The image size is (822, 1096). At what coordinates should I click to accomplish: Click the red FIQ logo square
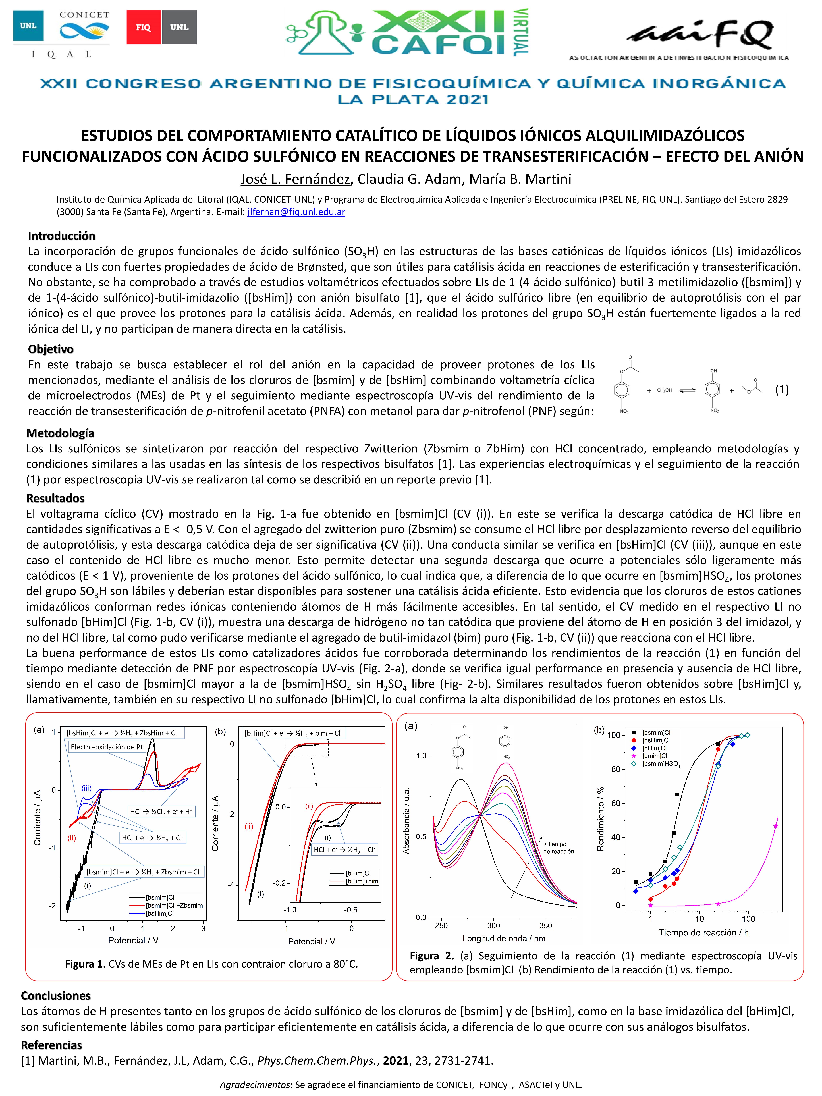pyautogui.click(x=143, y=27)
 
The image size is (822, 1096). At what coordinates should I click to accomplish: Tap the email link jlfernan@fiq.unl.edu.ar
pyautogui.click(x=296, y=212)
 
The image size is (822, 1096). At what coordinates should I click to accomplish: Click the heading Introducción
pyautogui.click(x=61, y=236)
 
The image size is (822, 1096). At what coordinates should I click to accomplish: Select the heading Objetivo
pyautogui.click(x=51, y=349)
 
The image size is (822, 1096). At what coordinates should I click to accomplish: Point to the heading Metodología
pyautogui.click(x=60, y=433)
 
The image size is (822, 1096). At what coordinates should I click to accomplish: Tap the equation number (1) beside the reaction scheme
pyautogui.click(x=782, y=389)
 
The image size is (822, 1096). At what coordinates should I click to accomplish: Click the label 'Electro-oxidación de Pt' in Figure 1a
pyautogui.click(x=107, y=747)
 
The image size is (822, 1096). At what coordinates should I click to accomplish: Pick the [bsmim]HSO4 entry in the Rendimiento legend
pyautogui.click(x=661, y=764)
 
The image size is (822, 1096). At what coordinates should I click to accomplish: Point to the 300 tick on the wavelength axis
pyautogui.click(x=493, y=925)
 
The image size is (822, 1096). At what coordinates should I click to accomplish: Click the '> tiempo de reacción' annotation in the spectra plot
pyautogui.click(x=558, y=848)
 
